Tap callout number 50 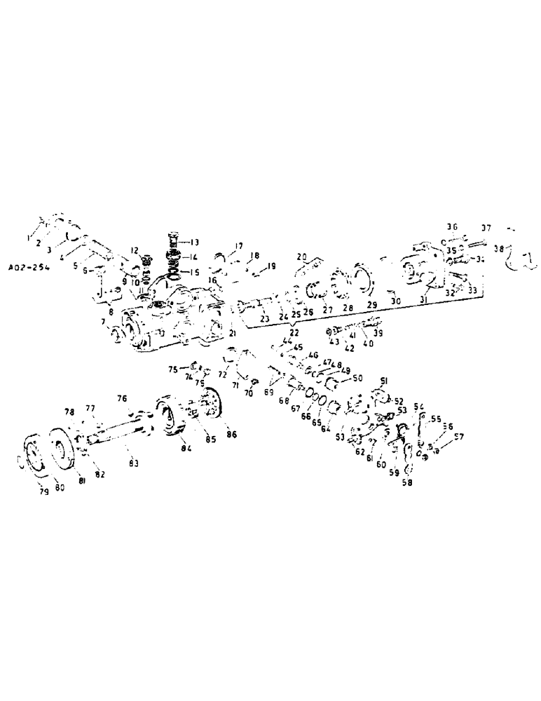[x=358, y=379]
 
